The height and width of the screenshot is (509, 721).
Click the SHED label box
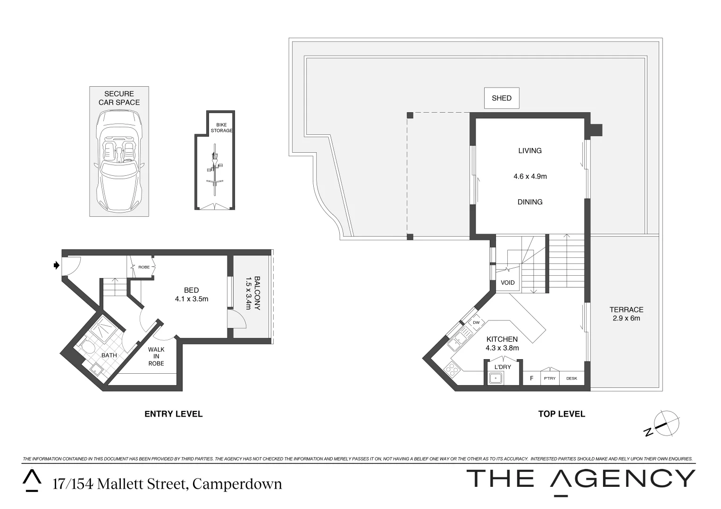501,98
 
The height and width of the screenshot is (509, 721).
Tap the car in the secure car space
119,161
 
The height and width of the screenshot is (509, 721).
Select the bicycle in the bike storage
214,170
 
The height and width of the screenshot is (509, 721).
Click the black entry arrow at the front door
57,266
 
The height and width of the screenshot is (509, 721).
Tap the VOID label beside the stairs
508,283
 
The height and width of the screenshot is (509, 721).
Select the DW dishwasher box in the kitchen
476,322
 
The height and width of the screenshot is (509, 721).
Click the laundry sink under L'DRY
495,378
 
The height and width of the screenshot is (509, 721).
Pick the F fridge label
532,378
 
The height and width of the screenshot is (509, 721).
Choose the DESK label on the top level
571,378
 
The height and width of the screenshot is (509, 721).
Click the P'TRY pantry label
550,378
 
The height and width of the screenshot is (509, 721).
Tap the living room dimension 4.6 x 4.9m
530,176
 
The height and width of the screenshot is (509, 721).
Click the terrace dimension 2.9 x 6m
626,318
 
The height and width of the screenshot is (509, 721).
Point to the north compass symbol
665,423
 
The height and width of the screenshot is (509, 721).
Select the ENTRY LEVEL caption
173,414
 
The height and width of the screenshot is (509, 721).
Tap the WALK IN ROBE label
156,356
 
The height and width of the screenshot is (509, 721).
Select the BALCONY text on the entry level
257,293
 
